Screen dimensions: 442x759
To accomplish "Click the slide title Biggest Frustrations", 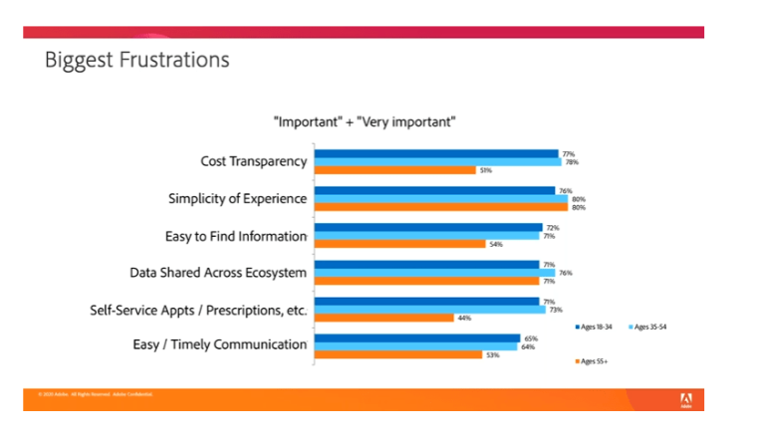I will [136, 61].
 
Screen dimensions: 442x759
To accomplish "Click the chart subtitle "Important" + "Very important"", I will [365, 122].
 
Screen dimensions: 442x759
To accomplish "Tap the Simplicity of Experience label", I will [237, 198].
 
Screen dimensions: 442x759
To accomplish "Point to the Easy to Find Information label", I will [235, 236].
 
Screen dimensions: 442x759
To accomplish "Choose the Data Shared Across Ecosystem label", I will [218, 272].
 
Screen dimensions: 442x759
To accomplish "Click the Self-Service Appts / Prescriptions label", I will [199, 309].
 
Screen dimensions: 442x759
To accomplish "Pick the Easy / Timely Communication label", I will [219, 345].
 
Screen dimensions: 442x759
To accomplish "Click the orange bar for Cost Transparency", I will [395, 170].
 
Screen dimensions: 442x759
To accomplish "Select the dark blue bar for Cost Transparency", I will [436, 153].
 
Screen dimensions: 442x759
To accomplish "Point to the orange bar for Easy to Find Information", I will [399, 244].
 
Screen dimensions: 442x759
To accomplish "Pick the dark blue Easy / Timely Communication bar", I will [417, 337].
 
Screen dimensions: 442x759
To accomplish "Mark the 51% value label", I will [485, 170].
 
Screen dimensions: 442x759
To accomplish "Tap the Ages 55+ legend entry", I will [596, 359].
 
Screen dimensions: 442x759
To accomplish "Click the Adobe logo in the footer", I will [685, 399].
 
